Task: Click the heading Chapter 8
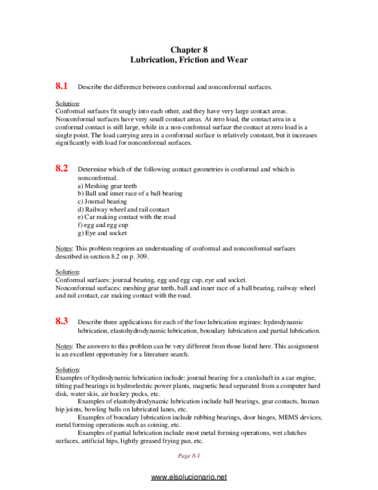pyautogui.click(x=189, y=50)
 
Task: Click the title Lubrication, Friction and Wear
pyautogui.click(x=189, y=60)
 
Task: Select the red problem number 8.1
pyautogui.click(x=62, y=86)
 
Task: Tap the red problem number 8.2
pyautogui.click(x=62, y=169)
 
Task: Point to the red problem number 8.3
pyautogui.click(x=62, y=321)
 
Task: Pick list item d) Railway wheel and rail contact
pyautogui.click(x=123, y=210)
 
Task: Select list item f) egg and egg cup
pyautogui.click(x=103, y=225)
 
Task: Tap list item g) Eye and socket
pyautogui.click(x=102, y=233)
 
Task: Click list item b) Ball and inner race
pyautogui.click(x=130, y=194)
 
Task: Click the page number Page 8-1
pyautogui.click(x=189, y=456)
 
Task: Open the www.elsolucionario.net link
pyautogui.click(x=189, y=477)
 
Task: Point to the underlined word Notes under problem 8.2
pyautogui.click(x=63, y=248)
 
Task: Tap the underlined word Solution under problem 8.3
pyautogui.click(x=68, y=370)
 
